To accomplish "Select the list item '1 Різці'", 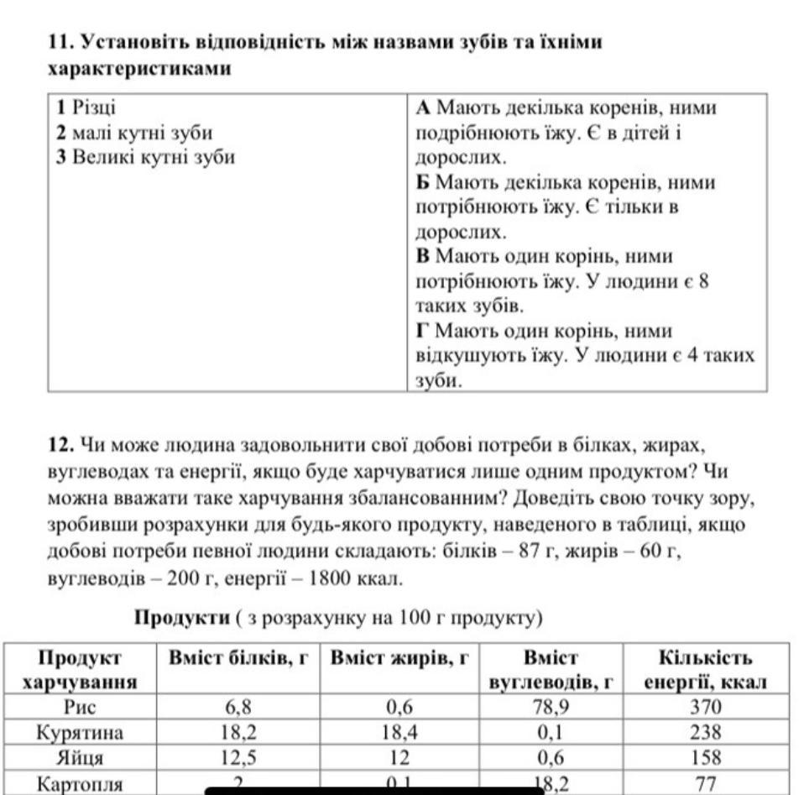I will coord(87,108).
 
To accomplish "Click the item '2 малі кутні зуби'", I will coord(133,133).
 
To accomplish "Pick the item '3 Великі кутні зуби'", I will coord(145,157).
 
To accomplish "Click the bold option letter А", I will coord(423,108).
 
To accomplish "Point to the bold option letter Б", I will coord(423,182).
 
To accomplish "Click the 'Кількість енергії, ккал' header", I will coord(705,670).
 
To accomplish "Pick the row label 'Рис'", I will coord(81,708).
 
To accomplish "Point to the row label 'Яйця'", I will coord(81,758).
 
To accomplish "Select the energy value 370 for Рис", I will coord(705,708).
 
